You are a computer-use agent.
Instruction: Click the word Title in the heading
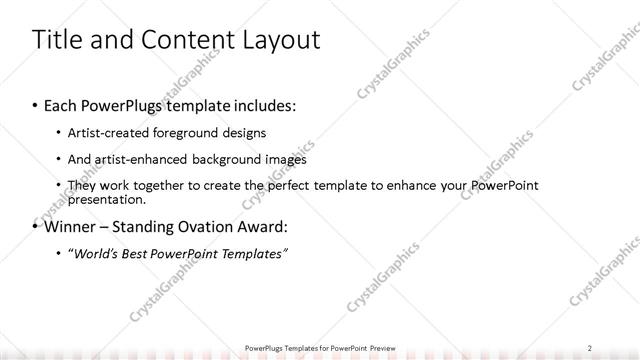coord(56,40)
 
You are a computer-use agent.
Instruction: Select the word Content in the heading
coord(181,40)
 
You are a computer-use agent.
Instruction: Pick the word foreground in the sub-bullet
coord(198,133)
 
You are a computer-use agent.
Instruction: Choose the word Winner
coord(72,226)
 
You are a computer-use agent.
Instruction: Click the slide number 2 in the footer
coord(590,347)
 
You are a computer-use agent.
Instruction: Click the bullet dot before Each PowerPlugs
coord(35,105)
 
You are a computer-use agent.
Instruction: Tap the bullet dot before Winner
coord(35,226)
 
